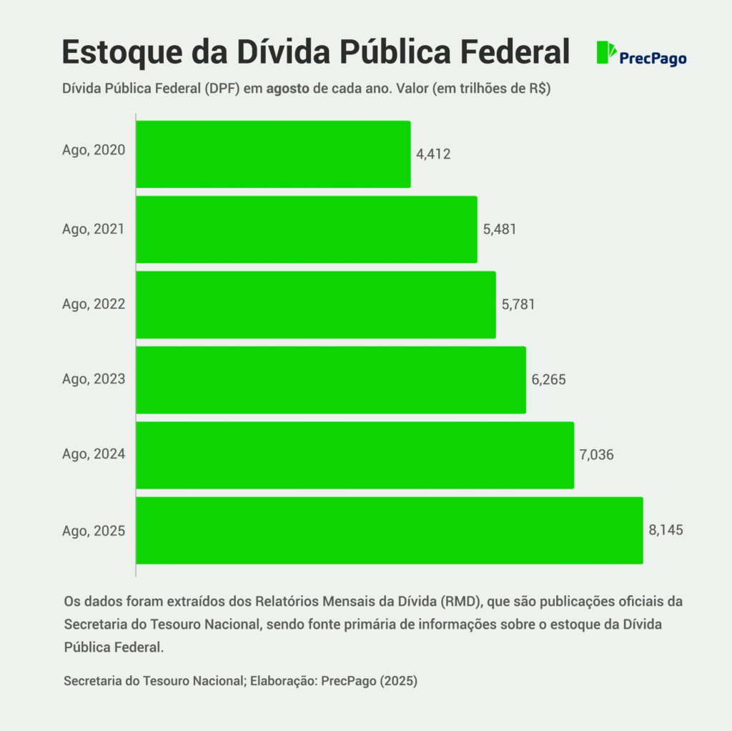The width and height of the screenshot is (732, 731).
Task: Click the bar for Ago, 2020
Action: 273,154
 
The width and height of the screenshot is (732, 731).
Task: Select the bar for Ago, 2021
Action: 307,230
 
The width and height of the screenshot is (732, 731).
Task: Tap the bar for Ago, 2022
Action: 316,305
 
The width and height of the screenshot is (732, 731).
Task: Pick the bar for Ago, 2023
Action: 331,380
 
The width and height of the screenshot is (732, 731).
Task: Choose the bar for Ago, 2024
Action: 355,455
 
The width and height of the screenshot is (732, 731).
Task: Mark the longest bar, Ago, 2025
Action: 389,530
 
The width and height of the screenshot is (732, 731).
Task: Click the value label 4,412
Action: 433,154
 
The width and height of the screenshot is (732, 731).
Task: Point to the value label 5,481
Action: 500,229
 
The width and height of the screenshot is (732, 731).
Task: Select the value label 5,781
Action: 518,304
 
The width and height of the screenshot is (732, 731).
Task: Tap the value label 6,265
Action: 548,379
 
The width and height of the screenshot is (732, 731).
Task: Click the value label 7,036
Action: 597,454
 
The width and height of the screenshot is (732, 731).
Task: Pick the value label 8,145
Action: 666,530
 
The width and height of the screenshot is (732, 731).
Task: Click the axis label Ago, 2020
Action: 94,150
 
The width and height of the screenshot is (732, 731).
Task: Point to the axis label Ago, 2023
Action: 94,379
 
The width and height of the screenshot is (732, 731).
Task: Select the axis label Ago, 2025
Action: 94,531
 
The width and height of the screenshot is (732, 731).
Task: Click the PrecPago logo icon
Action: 606,53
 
